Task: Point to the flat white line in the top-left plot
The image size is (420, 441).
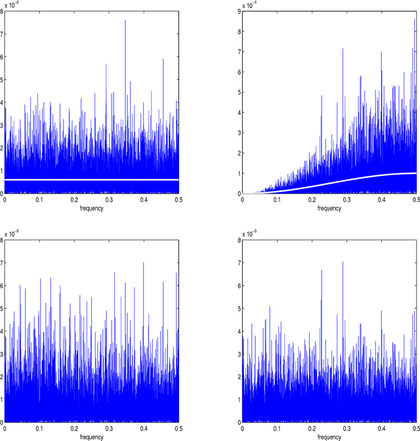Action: tap(92, 179)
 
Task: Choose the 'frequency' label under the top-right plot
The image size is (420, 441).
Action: tap(329, 208)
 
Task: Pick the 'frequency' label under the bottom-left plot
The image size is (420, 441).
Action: tap(91, 436)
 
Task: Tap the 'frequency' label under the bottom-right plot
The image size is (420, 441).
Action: tap(329, 436)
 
